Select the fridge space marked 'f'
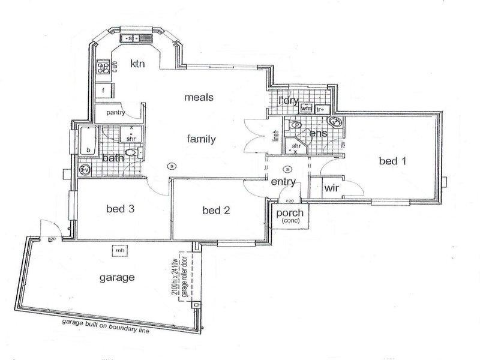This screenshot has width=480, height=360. click(104, 91)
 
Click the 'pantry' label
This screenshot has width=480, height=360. click(115, 112)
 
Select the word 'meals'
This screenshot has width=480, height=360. click(199, 97)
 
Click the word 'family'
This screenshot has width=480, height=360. click(201, 139)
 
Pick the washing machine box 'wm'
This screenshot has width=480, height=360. click(306, 109)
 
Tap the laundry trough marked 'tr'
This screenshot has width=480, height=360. click(320, 109)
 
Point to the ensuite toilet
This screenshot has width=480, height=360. click(296, 126)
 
